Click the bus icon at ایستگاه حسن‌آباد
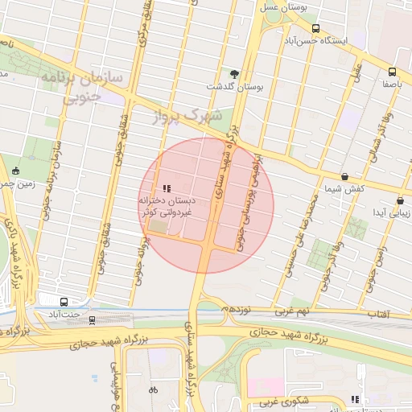315,27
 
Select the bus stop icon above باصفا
392,72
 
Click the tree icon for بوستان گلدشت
235,74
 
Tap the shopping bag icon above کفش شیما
344,176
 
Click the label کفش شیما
344,188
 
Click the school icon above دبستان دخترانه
167,188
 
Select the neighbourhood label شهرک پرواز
192,116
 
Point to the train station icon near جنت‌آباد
92,319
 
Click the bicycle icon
153,390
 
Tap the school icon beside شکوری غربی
355,399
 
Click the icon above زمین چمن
16,171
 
